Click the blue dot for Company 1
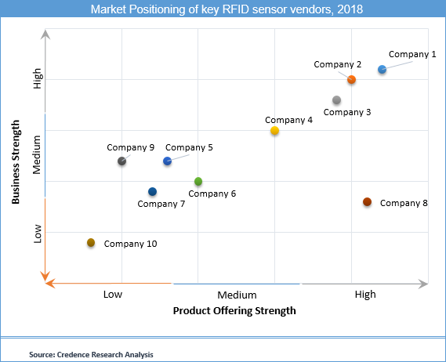coord(382,70)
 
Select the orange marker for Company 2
coord(351,80)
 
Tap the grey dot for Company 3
coord(336,100)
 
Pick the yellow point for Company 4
coord(274,131)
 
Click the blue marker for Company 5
coord(167,161)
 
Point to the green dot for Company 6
coord(198,182)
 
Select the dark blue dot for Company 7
coord(152,192)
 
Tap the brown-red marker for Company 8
coord(367,202)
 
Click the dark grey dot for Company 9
coord(121,161)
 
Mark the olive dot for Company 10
coord(91,243)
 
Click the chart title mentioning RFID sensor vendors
coord(222,10)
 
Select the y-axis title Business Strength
coord(16,163)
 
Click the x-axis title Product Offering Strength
coord(234,310)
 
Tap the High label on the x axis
coord(364,295)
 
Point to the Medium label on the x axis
coord(237,295)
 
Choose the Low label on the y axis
coord(37,233)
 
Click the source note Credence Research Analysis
coord(91,354)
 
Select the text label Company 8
coord(404,203)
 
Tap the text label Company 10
coord(130,244)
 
